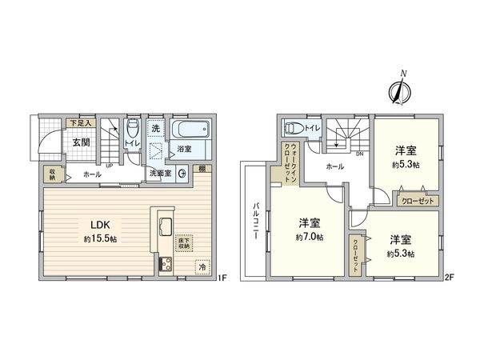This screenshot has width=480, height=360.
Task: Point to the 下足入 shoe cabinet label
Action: pyautogui.click(x=82, y=124)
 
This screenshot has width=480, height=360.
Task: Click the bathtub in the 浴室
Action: pyautogui.click(x=190, y=130)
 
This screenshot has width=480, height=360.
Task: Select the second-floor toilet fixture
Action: pyautogui.click(x=293, y=126)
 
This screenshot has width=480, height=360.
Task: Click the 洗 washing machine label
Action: pyautogui.click(x=157, y=128)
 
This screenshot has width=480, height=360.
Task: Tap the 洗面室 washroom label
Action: pyautogui.click(x=158, y=173)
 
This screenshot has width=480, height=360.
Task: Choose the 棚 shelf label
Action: pyautogui.click(x=204, y=169)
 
